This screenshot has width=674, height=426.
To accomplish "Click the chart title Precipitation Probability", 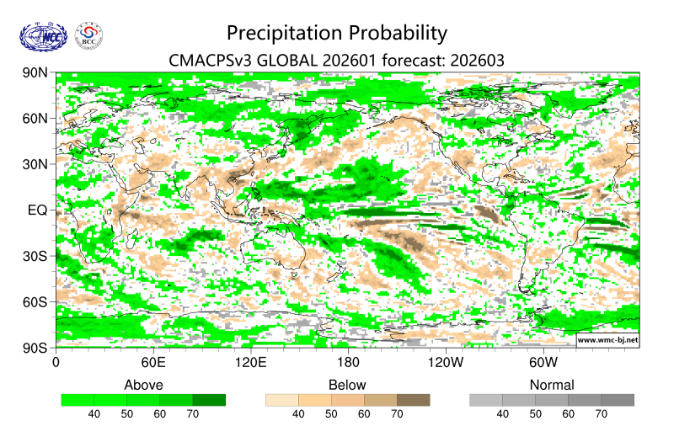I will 336,33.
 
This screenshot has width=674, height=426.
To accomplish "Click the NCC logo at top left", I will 41,35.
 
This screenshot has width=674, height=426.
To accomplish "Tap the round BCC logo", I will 90,35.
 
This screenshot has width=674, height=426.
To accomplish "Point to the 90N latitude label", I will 35,73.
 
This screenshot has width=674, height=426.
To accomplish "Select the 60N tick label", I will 35,119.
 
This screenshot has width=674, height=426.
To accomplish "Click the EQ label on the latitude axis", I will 37,210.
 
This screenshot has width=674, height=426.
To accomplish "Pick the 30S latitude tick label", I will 35,256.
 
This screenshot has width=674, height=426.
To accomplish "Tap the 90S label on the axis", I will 35,347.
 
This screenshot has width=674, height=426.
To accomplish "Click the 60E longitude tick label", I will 152,363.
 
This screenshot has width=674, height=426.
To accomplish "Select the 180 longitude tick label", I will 348,363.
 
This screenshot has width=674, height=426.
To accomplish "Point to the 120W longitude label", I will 446,363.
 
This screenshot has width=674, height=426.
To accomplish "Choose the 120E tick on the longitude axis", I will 250,363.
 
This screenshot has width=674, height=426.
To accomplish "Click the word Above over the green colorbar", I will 143,385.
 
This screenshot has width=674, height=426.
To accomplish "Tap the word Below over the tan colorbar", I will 347,385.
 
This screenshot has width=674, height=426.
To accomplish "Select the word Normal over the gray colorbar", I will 551,385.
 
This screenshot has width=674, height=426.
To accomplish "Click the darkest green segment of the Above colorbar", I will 209,400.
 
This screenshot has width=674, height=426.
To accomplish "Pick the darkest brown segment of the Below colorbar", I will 413,400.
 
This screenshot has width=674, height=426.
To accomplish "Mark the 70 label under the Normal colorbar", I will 601,414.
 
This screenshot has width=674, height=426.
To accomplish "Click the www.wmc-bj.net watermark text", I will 607,340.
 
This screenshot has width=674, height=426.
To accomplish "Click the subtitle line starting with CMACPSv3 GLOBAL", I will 336,61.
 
